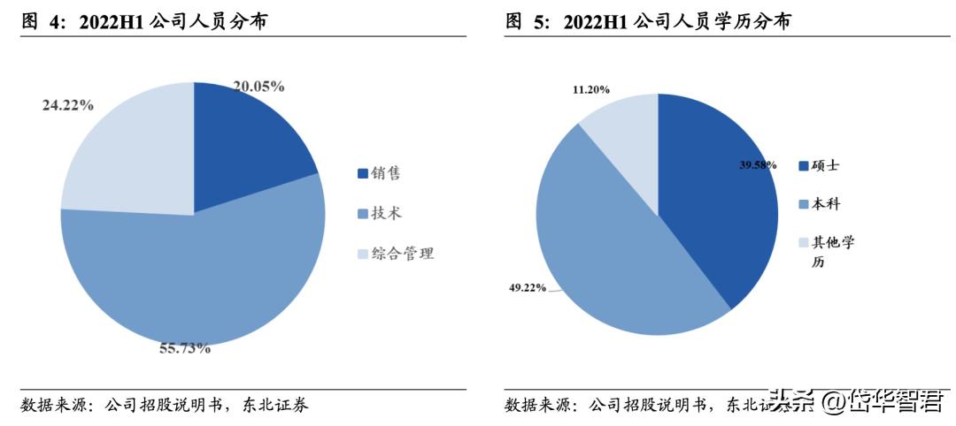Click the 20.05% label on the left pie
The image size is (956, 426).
coord(258,87)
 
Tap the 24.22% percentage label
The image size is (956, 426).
coord(68,105)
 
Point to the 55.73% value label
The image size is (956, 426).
coord(185,348)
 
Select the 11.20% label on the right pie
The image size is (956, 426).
coord(591,89)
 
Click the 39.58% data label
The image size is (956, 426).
coord(759,164)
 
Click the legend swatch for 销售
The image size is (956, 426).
coord(363,173)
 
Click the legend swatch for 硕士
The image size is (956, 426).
coord(804,165)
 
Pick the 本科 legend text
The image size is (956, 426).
coord(827,203)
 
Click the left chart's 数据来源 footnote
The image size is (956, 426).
coord(165,406)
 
